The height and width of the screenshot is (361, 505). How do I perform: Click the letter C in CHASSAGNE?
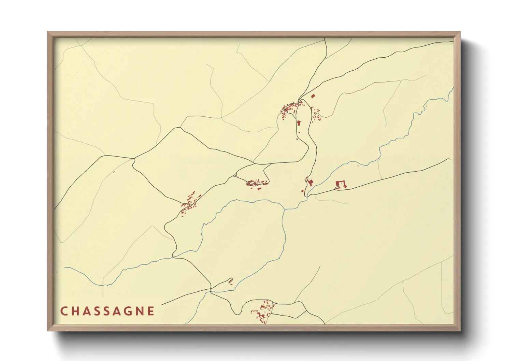(64, 311)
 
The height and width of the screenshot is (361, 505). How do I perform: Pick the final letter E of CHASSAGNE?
(151, 311)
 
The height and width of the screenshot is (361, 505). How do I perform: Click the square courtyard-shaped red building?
(341, 185)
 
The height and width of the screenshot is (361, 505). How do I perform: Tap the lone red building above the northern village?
(313, 96)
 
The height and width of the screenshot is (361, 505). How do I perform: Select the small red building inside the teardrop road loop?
(230, 281)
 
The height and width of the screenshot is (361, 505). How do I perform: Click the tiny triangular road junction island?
(235, 175)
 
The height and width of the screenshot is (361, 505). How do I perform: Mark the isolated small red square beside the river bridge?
(302, 191)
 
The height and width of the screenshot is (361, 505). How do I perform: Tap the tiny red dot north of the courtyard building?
(358, 166)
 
